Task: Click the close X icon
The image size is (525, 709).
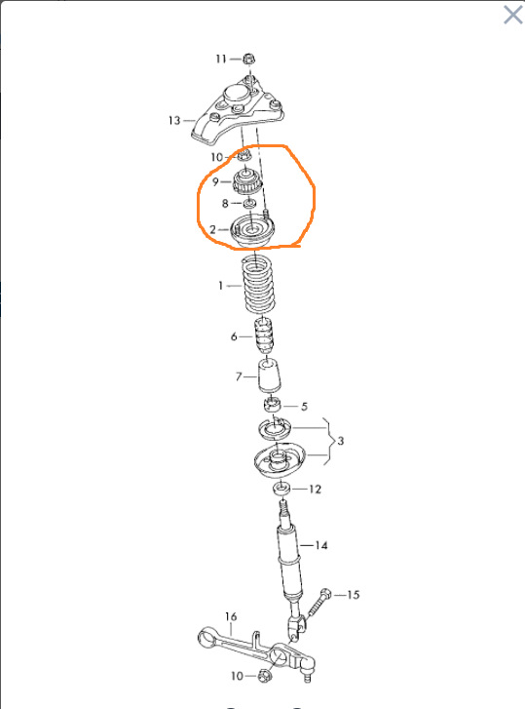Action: pos(512,15)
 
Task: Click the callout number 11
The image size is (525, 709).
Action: pos(221,59)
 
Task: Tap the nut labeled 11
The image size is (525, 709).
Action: pos(247,59)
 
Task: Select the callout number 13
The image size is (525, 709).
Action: pos(174,121)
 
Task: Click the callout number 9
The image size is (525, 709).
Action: pos(215,181)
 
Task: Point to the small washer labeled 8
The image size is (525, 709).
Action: pos(249,204)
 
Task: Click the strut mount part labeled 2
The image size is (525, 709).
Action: pos(252,230)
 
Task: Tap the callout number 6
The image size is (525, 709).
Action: pos(234,336)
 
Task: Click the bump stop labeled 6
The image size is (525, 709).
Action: pos(264,336)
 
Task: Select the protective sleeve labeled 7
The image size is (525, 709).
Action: pos(269,375)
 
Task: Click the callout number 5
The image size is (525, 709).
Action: pos(304,406)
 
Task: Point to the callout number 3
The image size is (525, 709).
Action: pos(340,441)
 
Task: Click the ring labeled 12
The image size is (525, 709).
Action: pos(281,489)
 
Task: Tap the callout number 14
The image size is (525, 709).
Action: pos(321,545)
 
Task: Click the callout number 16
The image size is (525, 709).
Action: pos(231,616)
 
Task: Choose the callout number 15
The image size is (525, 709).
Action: pos(353,595)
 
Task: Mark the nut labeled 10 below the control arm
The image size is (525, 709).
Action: pos(265,677)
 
